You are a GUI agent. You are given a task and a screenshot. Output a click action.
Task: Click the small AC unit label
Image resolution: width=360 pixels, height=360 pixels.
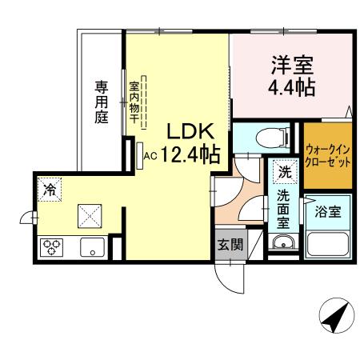click(149, 156)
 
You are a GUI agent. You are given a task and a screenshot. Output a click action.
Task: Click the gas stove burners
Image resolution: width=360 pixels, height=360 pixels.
click(52, 246)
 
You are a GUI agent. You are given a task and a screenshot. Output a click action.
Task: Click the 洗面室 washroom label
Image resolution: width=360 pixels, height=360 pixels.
click(284, 206)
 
